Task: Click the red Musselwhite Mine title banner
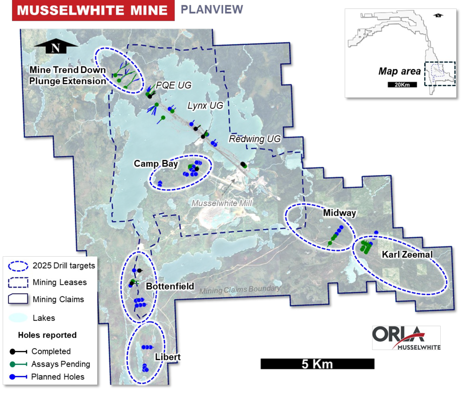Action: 93,10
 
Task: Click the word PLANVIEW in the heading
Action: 212,9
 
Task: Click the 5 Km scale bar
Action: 317,364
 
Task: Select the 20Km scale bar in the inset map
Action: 402,85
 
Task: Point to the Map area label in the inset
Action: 399,71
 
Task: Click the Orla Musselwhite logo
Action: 406,338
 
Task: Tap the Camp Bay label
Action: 156,164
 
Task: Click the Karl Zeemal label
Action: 407,254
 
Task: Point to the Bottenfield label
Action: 170,286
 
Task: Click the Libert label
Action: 167,357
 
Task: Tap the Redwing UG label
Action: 255,139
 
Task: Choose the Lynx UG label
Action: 205,106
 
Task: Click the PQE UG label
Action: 173,85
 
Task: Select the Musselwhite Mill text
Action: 222,203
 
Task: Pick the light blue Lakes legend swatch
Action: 18,318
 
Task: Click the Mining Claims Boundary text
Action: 240,290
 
